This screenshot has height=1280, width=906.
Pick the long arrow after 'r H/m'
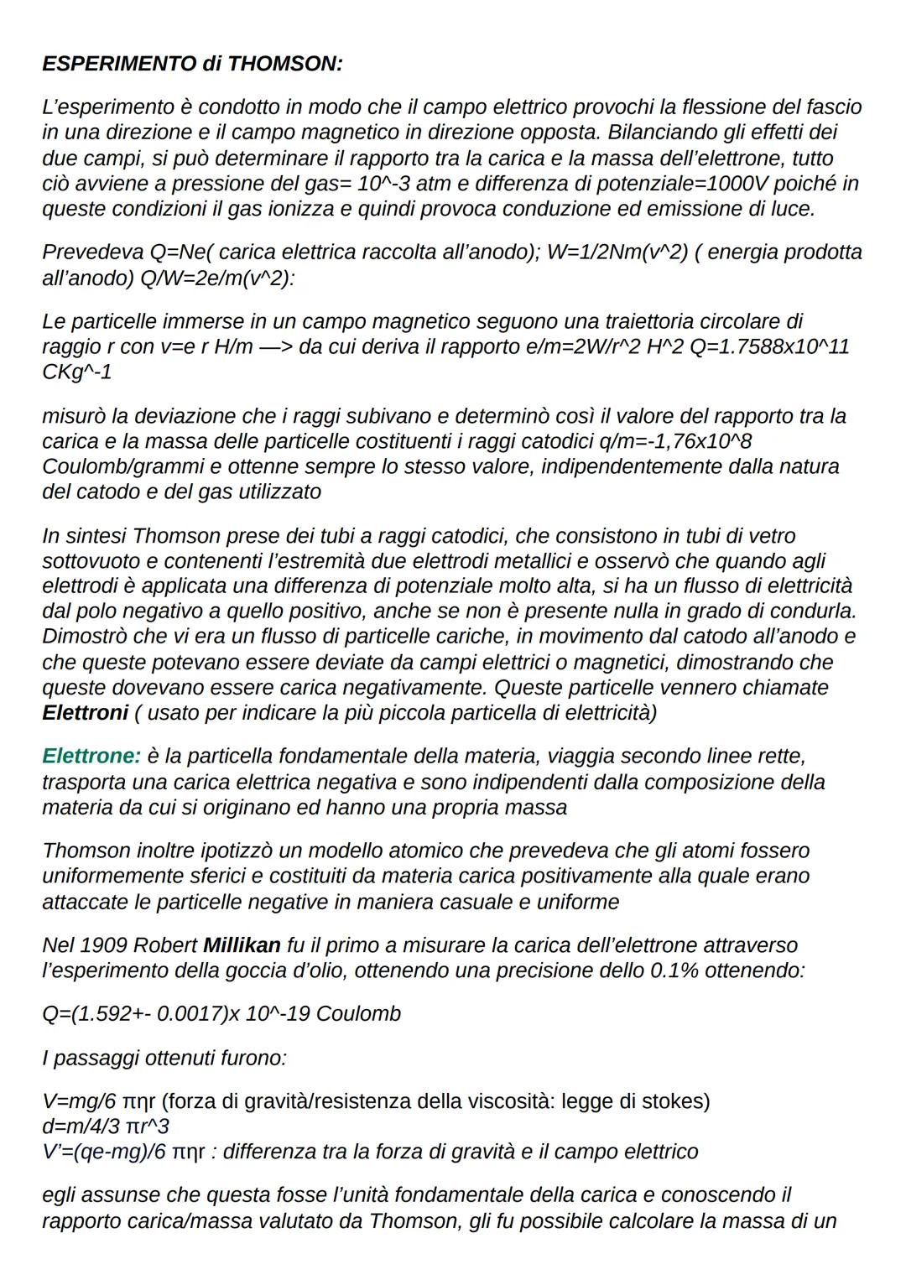[x=273, y=346]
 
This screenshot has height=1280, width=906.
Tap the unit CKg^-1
[x=76, y=372]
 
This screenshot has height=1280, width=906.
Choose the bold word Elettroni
[x=85, y=713]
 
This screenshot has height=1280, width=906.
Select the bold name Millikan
[x=242, y=945]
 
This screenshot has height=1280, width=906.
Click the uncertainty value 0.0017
[x=188, y=1013]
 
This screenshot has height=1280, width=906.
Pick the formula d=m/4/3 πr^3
[x=106, y=1126]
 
